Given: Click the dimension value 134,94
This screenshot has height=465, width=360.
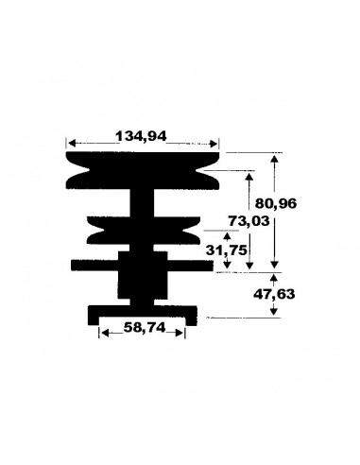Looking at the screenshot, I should pos(142,135).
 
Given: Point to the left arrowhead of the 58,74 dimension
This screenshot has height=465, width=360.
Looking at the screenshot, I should pos(101,331).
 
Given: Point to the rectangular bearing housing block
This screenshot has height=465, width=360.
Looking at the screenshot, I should pos(142,276).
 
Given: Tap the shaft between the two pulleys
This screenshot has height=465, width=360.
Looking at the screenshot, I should pos(142,200).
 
